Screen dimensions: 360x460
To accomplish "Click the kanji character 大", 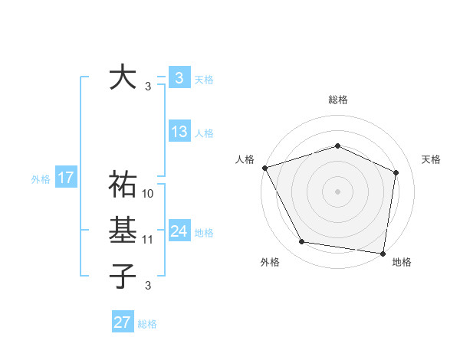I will click(123, 78).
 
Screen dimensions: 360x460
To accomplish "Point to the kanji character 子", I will click(123, 275).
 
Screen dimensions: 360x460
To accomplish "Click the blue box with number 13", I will click(179, 132).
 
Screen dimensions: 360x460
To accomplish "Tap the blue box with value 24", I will click(179, 231).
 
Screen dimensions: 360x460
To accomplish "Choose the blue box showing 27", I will click(123, 322).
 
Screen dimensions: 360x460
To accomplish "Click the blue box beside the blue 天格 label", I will click(179, 77).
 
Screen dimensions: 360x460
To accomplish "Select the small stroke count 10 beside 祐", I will click(149, 194).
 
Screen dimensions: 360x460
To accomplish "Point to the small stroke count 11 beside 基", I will click(149, 240).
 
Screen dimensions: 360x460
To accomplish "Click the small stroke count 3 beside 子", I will click(148, 286).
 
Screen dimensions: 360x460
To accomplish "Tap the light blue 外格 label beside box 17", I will click(41, 179).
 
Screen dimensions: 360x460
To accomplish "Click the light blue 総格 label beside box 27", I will click(147, 324).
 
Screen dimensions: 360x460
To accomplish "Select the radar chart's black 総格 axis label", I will click(337, 100).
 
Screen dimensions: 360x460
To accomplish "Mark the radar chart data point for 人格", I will click(264, 168).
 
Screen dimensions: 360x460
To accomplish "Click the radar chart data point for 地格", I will click(383, 253).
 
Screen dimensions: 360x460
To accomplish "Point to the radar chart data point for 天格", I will click(396, 172).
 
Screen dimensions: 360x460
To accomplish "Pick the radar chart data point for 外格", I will click(302, 242).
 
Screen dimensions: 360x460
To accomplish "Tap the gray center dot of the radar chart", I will click(337, 191).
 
